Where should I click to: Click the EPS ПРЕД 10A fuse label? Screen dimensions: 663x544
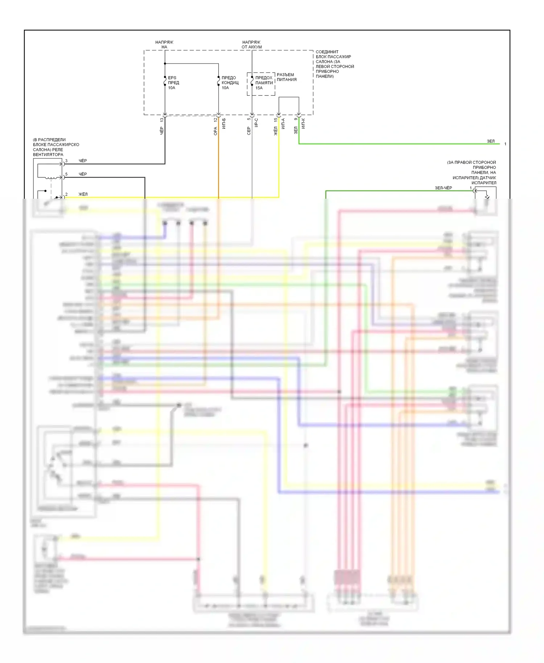173,83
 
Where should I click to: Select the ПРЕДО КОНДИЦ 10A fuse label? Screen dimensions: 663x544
230,83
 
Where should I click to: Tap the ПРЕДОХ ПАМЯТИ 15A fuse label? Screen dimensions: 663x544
264,83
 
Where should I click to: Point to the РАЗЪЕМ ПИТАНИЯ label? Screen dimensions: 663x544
287,77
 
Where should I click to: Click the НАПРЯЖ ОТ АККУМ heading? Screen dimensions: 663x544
251,45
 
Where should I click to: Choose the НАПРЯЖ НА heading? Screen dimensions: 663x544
164,45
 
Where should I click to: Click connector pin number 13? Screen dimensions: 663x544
162,120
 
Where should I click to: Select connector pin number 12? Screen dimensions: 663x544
215,119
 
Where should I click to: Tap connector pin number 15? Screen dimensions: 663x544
276,119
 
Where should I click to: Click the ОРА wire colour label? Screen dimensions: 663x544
215,131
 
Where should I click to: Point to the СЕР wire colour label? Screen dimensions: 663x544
249,131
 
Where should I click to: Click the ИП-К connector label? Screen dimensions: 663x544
303,123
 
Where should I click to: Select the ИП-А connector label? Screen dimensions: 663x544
283,123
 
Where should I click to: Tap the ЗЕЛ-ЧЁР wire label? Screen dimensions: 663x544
443,188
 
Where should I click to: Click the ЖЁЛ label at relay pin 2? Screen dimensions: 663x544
83,194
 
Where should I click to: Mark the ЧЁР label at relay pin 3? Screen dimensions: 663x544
83,161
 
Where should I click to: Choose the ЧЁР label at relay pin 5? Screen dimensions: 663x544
83,174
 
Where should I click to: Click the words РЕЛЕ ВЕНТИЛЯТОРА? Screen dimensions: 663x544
48,152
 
